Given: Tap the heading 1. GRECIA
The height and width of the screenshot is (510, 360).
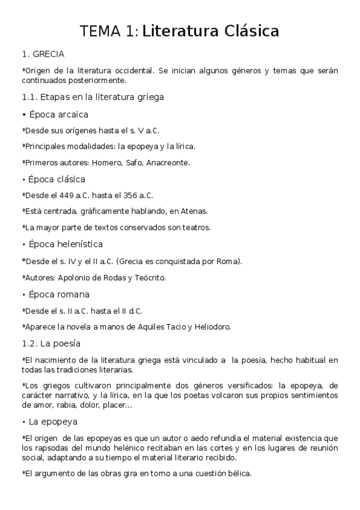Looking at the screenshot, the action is (x=43, y=54).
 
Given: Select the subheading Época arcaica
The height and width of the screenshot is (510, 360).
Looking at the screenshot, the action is (x=59, y=114).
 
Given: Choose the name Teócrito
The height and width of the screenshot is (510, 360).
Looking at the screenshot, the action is (x=147, y=278).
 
